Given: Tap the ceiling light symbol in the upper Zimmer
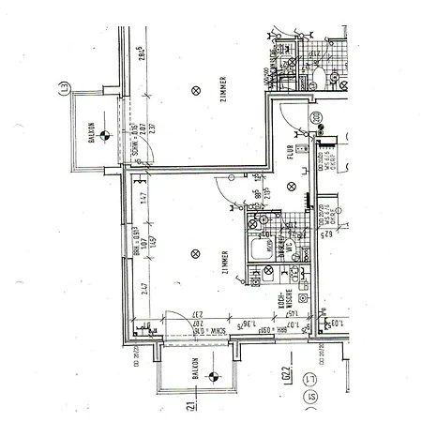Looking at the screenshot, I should pyautogui.click(x=195, y=91).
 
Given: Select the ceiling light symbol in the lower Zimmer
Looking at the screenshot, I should pyautogui.click(x=195, y=252).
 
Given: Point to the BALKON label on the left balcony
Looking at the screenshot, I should pyautogui.click(x=92, y=133).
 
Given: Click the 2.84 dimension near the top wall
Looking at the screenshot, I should pyautogui.click(x=141, y=52).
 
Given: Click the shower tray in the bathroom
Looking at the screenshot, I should pyautogui.click(x=257, y=252).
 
